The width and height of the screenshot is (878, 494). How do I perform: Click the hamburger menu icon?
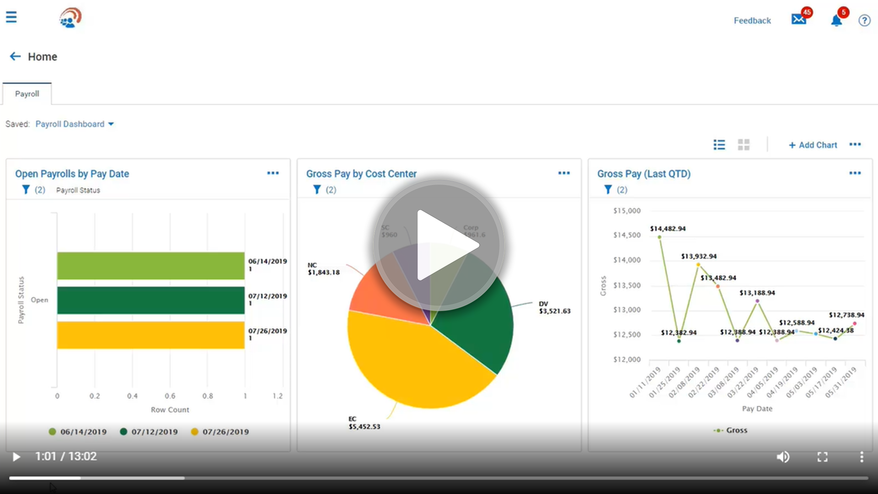[11, 17]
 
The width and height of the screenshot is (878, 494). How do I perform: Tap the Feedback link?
[752, 21]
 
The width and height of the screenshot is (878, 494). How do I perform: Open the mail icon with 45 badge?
[799, 19]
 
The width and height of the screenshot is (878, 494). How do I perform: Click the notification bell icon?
[836, 21]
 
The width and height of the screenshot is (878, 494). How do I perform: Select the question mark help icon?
[864, 21]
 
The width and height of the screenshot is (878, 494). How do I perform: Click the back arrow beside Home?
[15, 56]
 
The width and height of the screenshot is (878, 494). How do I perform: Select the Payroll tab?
[27, 94]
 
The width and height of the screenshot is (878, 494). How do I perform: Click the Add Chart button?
[813, 145]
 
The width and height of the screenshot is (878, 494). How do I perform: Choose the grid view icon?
[744, 145]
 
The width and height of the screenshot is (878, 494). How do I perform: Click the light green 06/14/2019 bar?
[151, 266]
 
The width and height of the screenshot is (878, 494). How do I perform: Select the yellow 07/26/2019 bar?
[151, 335]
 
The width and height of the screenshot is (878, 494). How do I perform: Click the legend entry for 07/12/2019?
[149, 432]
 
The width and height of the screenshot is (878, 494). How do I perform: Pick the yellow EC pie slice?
[412, 366]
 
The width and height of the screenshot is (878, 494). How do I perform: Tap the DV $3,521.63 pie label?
[554, 307]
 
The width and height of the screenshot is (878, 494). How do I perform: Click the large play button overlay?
[439, 245]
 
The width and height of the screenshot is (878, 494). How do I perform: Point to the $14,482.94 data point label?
[668, 229]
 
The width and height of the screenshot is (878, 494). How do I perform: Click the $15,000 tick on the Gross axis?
[627, 211]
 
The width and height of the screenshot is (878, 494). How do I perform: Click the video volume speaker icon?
[783, 456]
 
